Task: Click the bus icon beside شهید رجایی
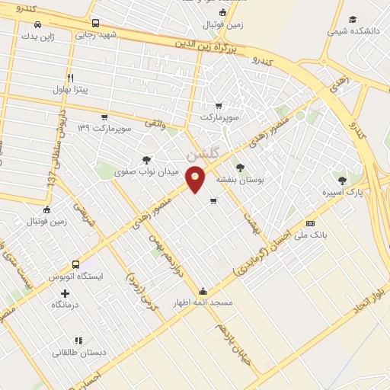[x=94, y=23]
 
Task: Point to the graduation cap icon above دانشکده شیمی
[x=352, y=20]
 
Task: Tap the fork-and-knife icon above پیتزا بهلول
[x=70, y=77]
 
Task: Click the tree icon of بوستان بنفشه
[x=241, y=167]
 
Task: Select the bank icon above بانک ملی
[x=310, y=223]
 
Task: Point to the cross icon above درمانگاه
[x=65, y=292]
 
